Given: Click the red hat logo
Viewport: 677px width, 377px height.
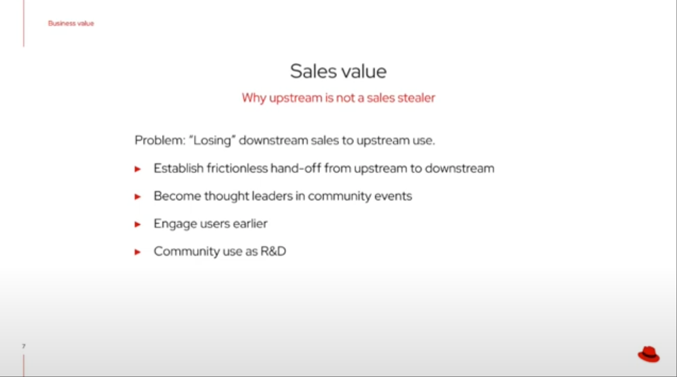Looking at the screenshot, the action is click(x=649, y=354).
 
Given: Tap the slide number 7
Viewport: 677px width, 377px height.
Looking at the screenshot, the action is click(x=24, y=346).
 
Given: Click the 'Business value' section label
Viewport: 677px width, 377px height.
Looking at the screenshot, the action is click(x=71, y=23).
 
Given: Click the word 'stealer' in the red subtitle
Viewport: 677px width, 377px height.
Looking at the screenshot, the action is click(x=416, y=98).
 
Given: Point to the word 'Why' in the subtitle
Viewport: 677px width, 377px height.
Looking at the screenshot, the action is click(x=254, y=98).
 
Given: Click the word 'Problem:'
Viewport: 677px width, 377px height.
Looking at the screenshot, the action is click(x=160, y=140).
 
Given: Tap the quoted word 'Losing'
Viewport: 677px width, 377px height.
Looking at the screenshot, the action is click(x=212, y=140).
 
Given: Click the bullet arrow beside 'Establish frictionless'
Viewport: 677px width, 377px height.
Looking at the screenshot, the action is click(x=137, y=169).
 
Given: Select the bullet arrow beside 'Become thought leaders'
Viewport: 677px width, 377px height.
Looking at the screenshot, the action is click(x=137, y=197).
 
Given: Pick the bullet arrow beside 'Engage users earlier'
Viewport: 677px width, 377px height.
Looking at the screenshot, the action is click(x=137, y=224).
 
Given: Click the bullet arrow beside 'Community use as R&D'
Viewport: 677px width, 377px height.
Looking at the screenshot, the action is click(x=137, y=252).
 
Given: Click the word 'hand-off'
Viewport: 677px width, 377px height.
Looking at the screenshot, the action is click(x=296, y=168).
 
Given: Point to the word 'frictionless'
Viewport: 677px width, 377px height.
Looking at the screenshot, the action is click(x=237, y=168).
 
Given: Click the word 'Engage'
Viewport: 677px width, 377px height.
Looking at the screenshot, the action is click(x=175, y=224).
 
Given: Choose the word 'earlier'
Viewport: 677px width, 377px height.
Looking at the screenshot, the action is click(x=250, y=224).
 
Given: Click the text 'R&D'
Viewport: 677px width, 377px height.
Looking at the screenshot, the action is click(x=273, y=251).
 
